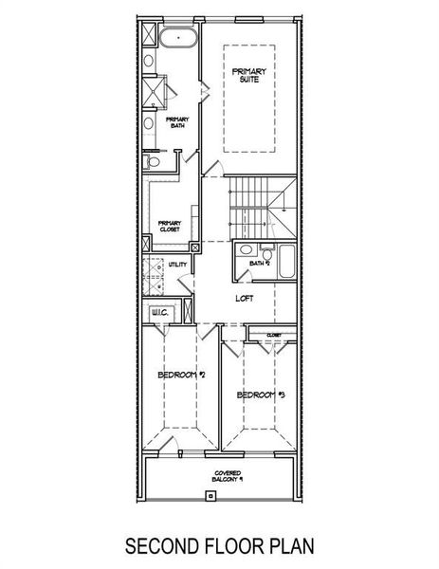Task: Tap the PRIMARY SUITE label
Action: point(249,77)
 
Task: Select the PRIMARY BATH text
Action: point(176,122)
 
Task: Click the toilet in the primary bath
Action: point(152,163)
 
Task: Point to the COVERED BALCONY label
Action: point(226,475)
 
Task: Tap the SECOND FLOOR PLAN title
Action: point(219,546)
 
